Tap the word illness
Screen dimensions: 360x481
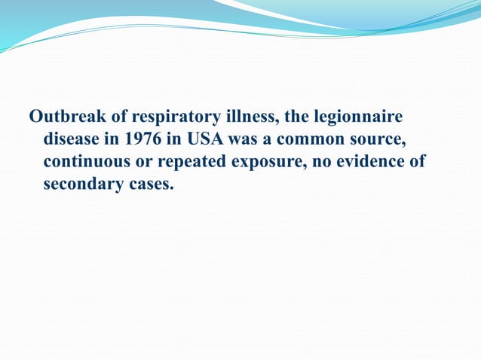[x=234, y=117]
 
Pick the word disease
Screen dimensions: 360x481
[x=72, y=140]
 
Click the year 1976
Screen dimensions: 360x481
[x=132, y=140]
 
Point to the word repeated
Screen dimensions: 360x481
[x=193, y=163]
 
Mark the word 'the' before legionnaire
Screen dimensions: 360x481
[x=289, y=117]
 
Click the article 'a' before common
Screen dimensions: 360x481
[x=267, y=141]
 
